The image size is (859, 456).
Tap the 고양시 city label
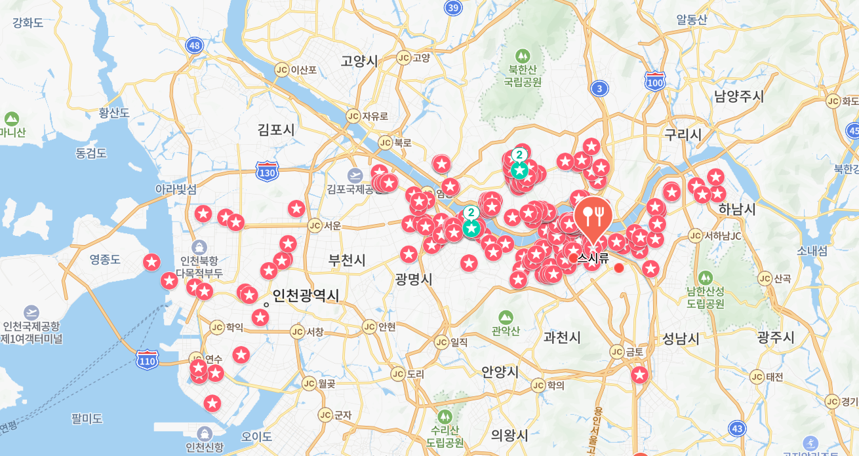tap(359, 61)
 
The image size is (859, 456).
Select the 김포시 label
tap(276, 130)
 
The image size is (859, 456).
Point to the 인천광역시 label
tap(306, 295)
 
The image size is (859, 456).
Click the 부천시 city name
tap(347, 260)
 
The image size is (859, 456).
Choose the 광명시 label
tap(414, 279)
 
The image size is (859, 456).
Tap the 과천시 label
tap(562, 337)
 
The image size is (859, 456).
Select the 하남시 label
tap(737, 210)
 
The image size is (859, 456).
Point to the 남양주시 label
tap(739, 97)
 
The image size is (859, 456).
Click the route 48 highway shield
tap(194, 45)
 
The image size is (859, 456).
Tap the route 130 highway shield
tap(268, 172)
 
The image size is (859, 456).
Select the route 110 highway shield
tap(148, 360)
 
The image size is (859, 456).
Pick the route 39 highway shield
tap(453, 8)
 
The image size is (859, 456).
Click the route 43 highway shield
tap(737, 428)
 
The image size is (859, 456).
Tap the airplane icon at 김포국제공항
tap(355, 176)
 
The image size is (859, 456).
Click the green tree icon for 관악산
tap(506, 318)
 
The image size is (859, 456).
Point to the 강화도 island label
tap(28, 23)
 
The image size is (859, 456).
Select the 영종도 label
tap(105, 259)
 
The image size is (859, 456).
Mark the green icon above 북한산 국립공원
tap(523, 56)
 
